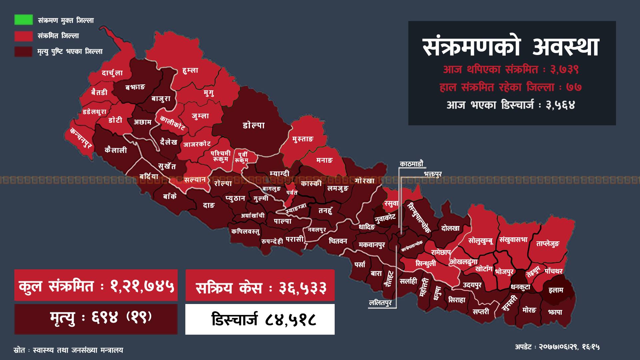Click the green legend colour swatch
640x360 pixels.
pyautogui.click(x=23, y=20)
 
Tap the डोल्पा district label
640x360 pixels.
pyautogui.click(x=254, y=125)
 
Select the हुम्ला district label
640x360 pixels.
pyautogui.click(x=190, y=70)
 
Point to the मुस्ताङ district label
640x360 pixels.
pyautogui.click(x=303, y=139)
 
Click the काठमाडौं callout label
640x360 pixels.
pyautogui.click(x=411, y=164)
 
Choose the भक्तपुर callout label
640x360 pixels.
pyautogui.click(x=433, y=174)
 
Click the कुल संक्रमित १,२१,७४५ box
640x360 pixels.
pyautogui.click(x=96, y=285)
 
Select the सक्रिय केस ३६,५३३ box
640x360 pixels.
pyautogui.click(x=260, y=285)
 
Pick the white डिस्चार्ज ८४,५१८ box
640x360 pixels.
pyautogui.click(x=260, y=319)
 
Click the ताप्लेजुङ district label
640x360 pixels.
pyautogui.click(x=548, y=244)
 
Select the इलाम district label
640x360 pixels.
pyautogui.click(x=556, y=290)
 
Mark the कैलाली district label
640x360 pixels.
pyautogui.click(x=116, y=150)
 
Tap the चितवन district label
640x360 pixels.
pyautogui.click(x=338, y=241)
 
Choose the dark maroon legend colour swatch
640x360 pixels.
pyautogui.click(x=23, y=51)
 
